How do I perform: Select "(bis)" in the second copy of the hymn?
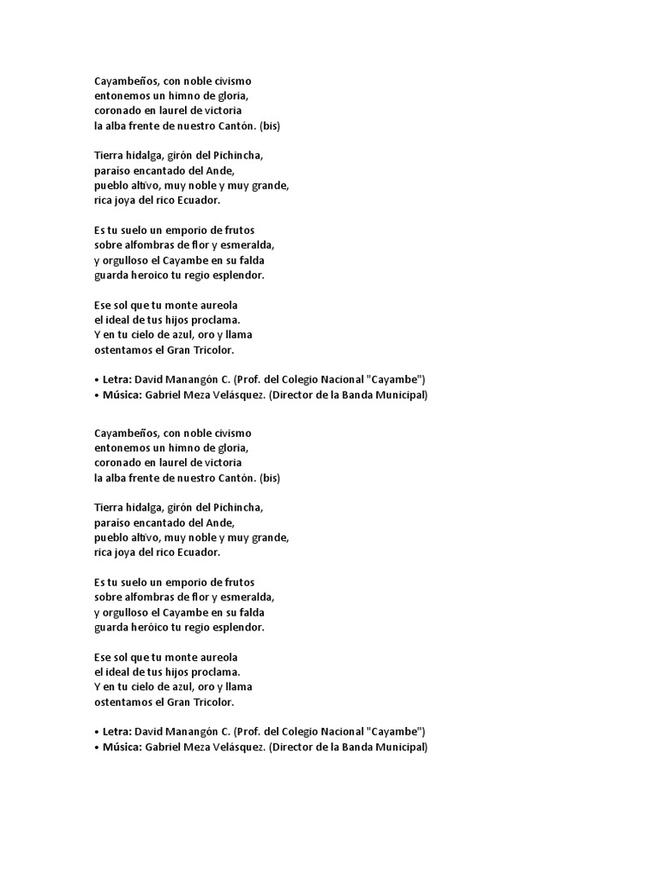point(269,478)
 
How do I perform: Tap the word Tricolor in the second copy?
point(211,701)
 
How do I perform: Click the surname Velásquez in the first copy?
point(234,395)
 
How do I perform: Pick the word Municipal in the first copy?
point(398,395)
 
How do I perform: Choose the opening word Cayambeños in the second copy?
point(125,433)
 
